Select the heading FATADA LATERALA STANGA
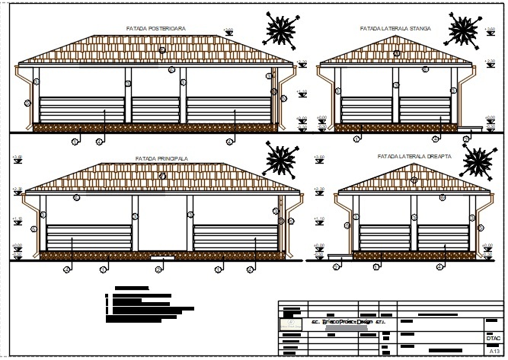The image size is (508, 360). coord(395,28)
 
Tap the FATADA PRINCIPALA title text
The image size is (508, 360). coord(161,158)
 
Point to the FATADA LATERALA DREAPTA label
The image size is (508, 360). coord(414,155)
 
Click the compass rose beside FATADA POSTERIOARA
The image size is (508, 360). coord(281,30)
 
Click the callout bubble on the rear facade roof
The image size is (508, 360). coord(162,49)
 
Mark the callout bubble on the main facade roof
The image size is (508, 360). coord(162,175)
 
